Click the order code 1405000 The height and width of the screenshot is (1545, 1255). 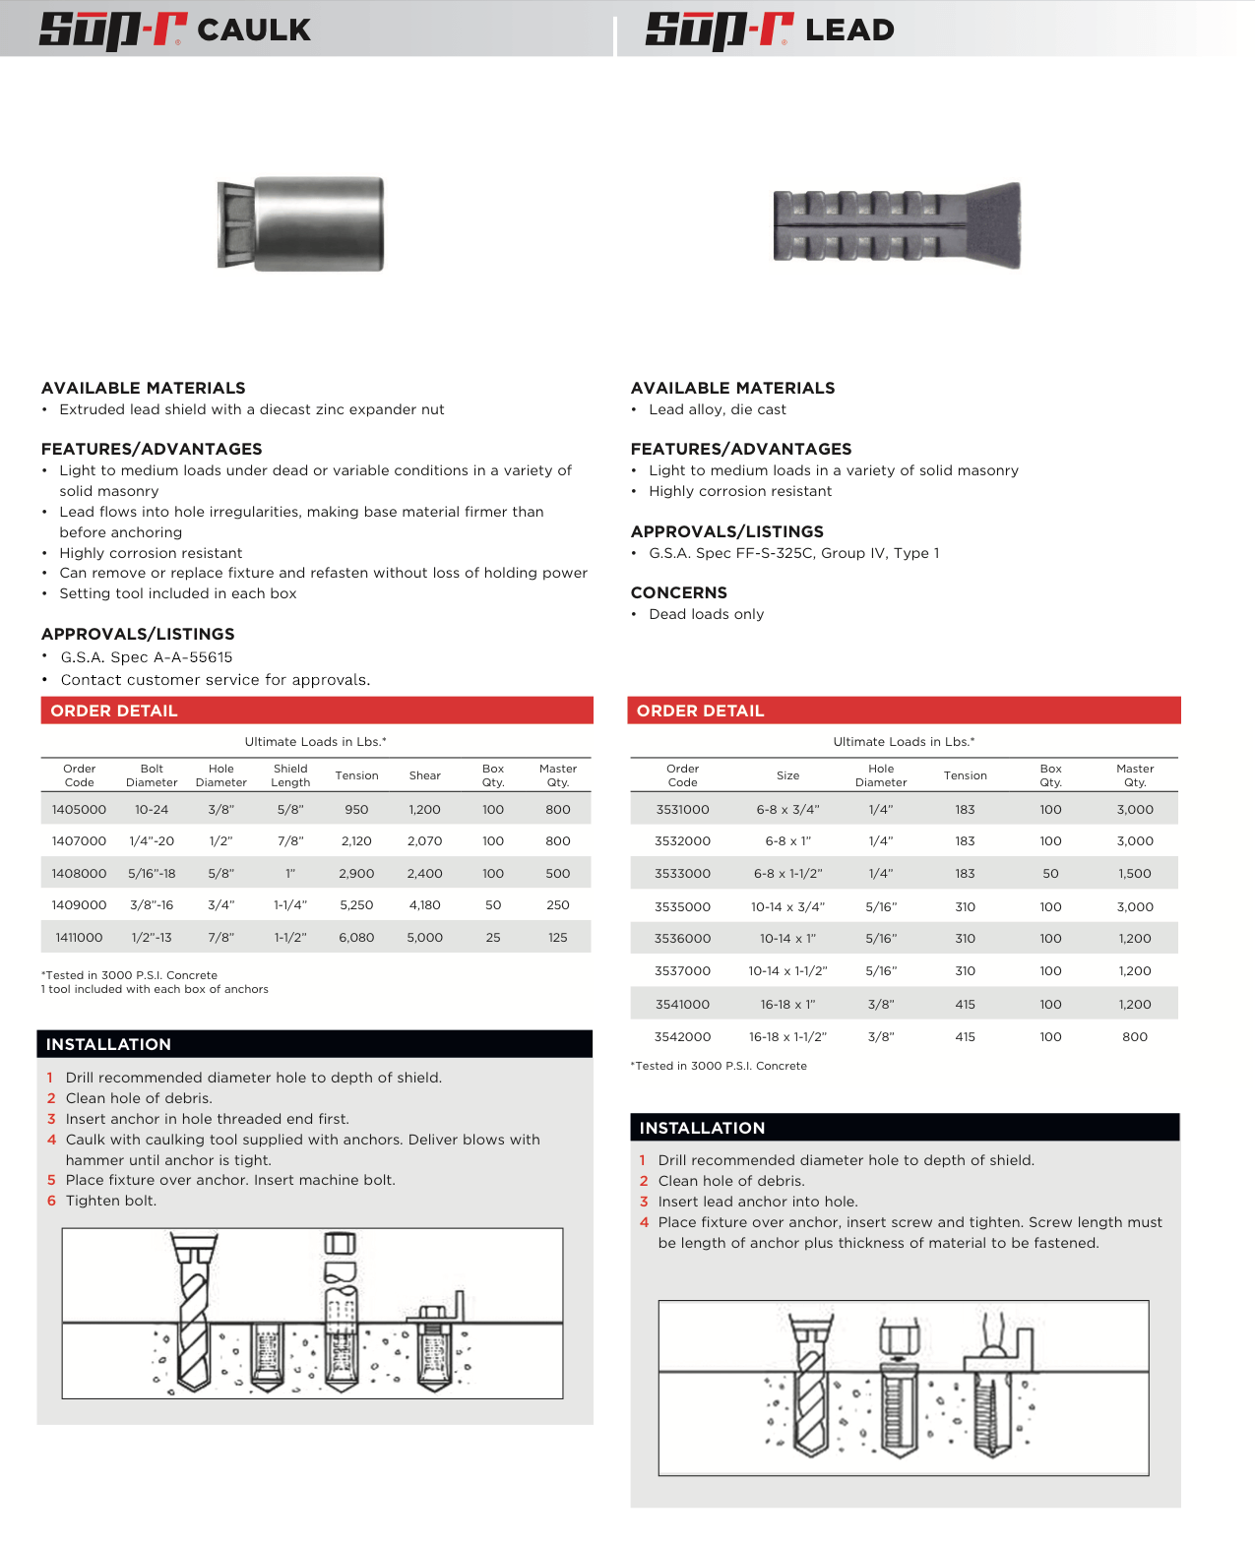79,810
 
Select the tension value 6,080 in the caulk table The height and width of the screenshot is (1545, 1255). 356,938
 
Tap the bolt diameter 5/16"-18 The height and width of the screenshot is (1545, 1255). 152,874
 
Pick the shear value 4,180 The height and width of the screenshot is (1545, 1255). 424,905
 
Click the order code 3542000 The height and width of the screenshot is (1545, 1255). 682,1037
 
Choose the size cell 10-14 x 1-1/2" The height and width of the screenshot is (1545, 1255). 787,971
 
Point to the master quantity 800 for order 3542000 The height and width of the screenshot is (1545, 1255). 1134,1037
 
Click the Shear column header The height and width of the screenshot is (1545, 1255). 424,775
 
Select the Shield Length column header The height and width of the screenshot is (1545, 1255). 290,775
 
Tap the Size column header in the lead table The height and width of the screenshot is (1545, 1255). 787,775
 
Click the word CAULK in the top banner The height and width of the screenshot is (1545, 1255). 254,31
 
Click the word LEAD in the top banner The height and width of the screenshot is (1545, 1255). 849,31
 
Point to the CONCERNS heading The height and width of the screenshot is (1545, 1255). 678,592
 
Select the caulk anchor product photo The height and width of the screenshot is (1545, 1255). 301,224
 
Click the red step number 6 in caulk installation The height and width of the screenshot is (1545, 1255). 51,1201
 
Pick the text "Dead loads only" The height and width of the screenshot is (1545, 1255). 706,614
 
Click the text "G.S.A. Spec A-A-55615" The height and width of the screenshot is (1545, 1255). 147,657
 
